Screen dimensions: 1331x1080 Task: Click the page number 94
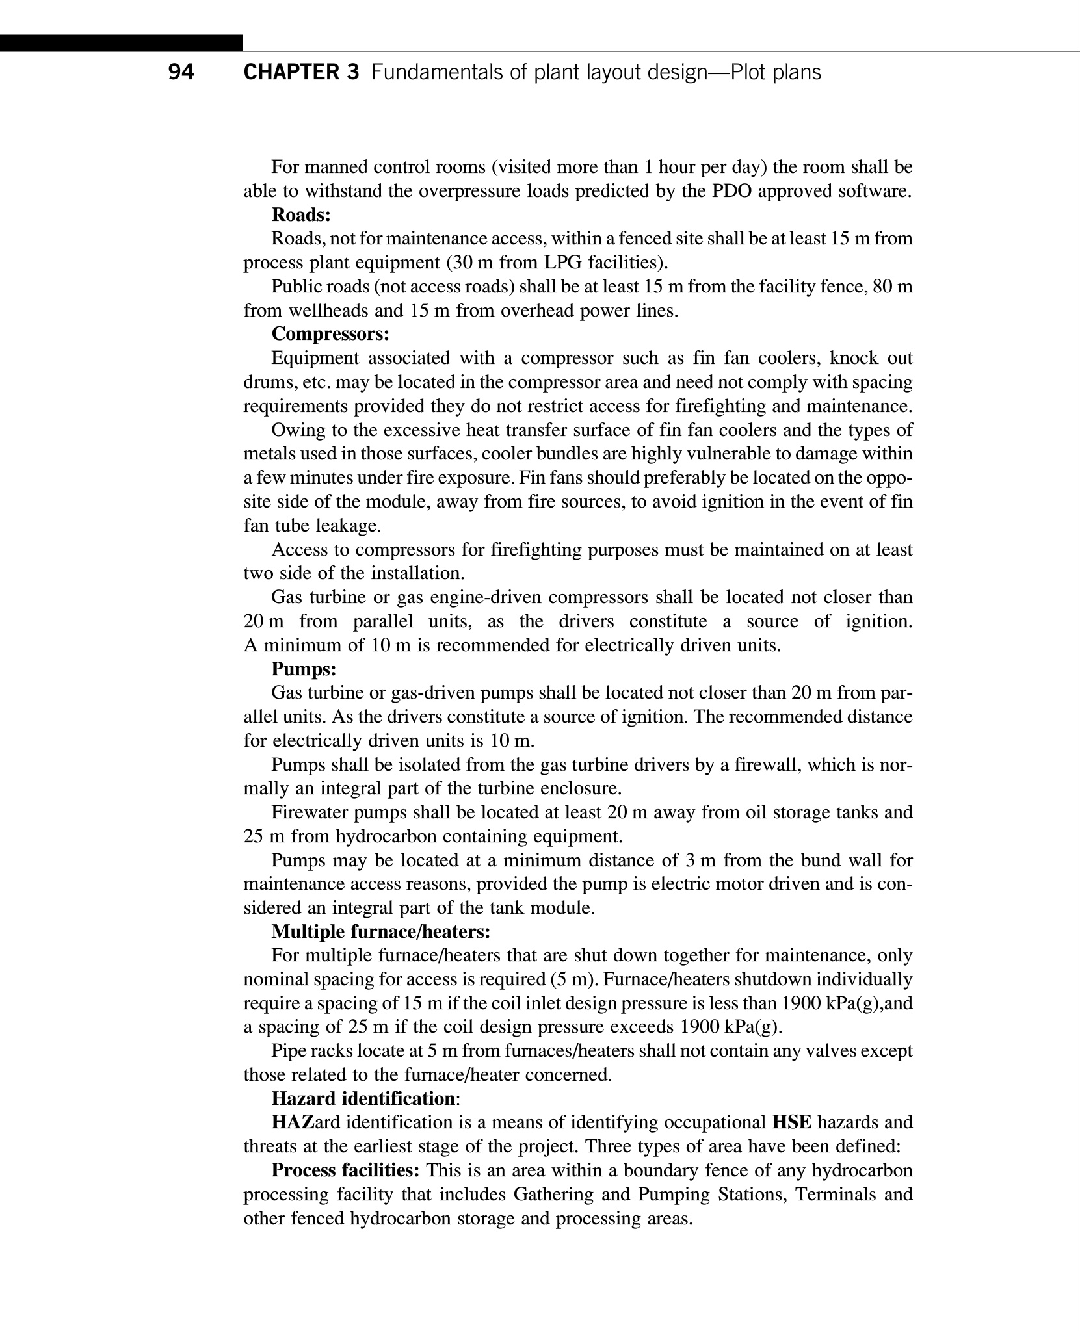click(x=181, y=72)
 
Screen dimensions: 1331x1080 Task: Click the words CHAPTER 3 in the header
click(x=300, y=72)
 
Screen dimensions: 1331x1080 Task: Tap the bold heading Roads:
click(x=301, y=214)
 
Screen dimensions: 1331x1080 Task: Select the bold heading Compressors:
click(x=330, y=334)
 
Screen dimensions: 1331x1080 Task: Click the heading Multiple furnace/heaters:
click(x=380, y=931)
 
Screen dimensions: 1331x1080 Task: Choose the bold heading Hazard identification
click(x=363, y=1098)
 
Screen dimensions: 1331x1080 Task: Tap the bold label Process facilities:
click(x=345, y=1170)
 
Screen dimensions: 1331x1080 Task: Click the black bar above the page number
click(x=122, y=43)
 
